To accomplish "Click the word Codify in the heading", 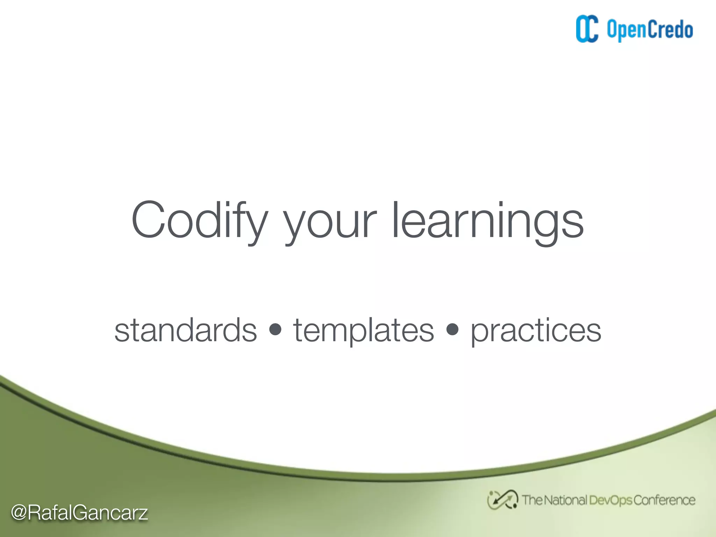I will pyautogui.click(x=199, y=221).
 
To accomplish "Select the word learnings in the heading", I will pyautogui.click(x=488, y=221).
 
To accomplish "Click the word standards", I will pyautogui.click(x=186, y=330).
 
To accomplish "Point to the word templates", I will pyautogui.click(x=364, y=330).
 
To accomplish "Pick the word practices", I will pyautogui.click(x=536, y=330).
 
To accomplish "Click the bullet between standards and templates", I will pyautogui.click(x=275, y=329).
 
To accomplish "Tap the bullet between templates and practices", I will pyautogui.click(x=452, y=329).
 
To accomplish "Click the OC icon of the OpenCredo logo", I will pyautogui.click(x=587, y=29).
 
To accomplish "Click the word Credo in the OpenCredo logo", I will pyautogui.click(x=670, y=29).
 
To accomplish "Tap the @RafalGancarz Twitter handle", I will pyautogui.click(x=79, y=513).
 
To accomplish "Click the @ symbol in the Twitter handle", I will pyautogui.click(x=19, y=513).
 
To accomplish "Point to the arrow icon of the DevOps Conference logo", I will pyautogui.click(x=502, y=500).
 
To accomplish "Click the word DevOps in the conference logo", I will pyautogui.click(x=610, y=500).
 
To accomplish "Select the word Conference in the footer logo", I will pyautogui.click(x=664, y=500).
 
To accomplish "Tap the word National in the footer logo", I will pyautogui.click(x=565, y=500).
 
